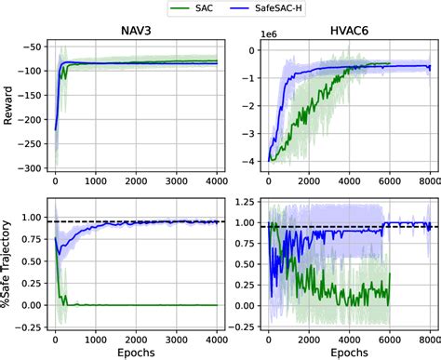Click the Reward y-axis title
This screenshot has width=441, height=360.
pyautogui.click(x=9, y=105)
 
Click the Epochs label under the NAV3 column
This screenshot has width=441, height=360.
pyautogui.click(x=137, y=352)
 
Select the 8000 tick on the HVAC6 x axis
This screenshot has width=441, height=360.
pyautogui.click(x=429, y=337)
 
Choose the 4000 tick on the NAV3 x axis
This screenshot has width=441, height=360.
pyautogui.click(x=217, y=337)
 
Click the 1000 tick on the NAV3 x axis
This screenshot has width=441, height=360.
pyautogui.click(x=95, y=337)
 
